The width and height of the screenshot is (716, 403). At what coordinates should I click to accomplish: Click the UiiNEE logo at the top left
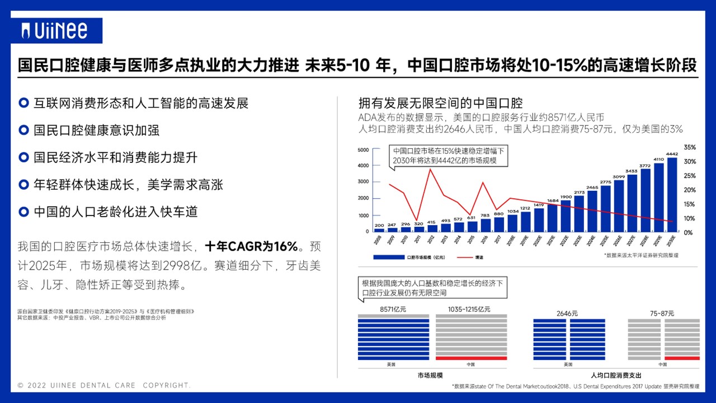pyautogui.click(x=54, y=30)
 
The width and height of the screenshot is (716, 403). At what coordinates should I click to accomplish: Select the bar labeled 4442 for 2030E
pyautogui.click(x=672, y=194)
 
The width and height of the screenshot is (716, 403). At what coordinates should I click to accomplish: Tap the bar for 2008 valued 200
pyautogui.click(x=379, y=229)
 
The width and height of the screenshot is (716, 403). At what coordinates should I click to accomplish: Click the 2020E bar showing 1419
pyautogui.click(x=539, y=219)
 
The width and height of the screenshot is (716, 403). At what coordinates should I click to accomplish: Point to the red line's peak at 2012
pyautogui.click(x=429, y=169)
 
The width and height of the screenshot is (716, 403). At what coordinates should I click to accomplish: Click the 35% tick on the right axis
pyautogui.click(x=690, y=147)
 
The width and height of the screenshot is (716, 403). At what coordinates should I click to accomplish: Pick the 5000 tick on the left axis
pyautogui.click(x=363, y=150)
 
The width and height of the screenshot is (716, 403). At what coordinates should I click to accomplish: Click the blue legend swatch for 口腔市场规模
pyautogui.click(x=386, y=257)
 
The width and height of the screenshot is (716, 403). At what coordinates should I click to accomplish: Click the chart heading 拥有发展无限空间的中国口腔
pyautogui.click(x=440, y=104)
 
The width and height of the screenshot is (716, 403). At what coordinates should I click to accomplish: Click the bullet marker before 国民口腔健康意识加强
pyautogui.click(x=23, y=130)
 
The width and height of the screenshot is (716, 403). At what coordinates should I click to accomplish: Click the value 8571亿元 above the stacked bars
pyautogui.click(x=393, y=310)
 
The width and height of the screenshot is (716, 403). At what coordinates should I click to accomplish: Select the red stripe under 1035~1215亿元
pyautogui.click(x=471, y=358)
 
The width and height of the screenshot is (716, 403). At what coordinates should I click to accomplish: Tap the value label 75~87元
pyautogui.click(x=663, y=313)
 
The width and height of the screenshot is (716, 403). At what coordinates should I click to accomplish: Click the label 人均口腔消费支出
pyautogui.click(x=616, y=375)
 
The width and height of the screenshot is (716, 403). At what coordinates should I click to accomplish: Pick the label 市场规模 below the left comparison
pyautogui.click(x=430, y=375)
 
